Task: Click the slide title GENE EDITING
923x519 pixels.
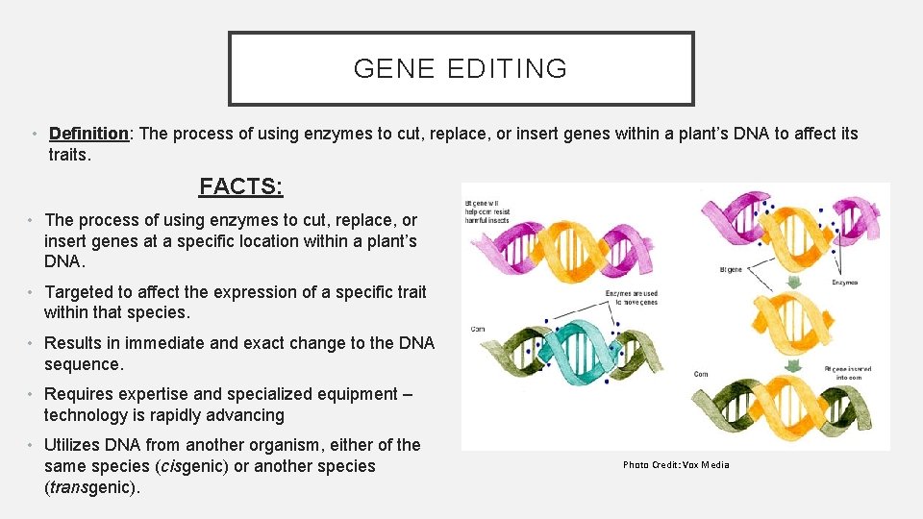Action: pyautogui.click(x=461, y=69)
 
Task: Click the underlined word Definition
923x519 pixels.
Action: pyautogui.click(x=88, y=134)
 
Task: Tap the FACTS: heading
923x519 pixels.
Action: pyautogui.click(x=240, y=185)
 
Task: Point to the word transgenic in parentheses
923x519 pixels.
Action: pyautogui.click(x=91, y=487)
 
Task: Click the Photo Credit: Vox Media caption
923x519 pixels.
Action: pyautogui.click(x=676, y=465)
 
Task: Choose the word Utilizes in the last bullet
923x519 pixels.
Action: pyautogui.click(x=74, y=445)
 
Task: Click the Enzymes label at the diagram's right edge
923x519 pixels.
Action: pyautogui.click(x=844, y=283)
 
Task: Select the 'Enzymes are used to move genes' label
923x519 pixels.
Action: pyautogui.click(x=632, y=297)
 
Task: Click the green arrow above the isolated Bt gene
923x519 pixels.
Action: pyautogui.click(x=794, y=283)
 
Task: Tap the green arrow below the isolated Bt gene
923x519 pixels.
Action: pyautogui.click(x=794, y=365)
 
